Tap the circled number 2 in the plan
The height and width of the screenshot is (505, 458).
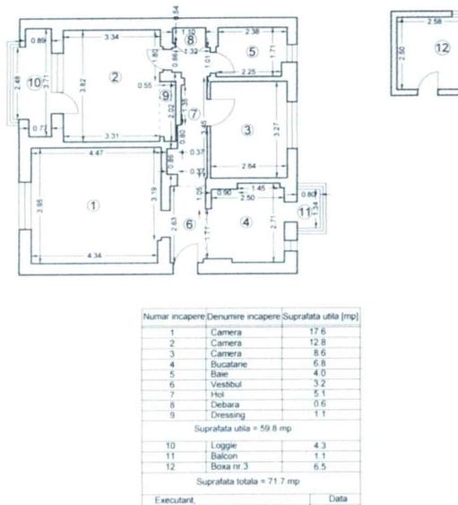(x=115, y=76)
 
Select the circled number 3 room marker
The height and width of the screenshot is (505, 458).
(x=248, y=130)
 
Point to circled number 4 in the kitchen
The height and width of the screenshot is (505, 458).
(x=247, y=222)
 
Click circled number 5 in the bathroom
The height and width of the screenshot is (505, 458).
(x=252, y=51)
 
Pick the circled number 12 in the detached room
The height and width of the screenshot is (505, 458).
(x=441, y=48)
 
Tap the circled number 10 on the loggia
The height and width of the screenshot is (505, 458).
(x=34, y=83)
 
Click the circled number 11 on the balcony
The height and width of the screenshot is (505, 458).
(x=305, y=212)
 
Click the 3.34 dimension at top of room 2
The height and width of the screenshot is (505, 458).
(x=111, y=37)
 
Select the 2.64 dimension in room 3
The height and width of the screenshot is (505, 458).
(x=248, y=165)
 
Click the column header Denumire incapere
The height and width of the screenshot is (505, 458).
(x=243, y=318)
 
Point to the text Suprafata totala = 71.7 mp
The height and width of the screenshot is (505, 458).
(x=248, y=482)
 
